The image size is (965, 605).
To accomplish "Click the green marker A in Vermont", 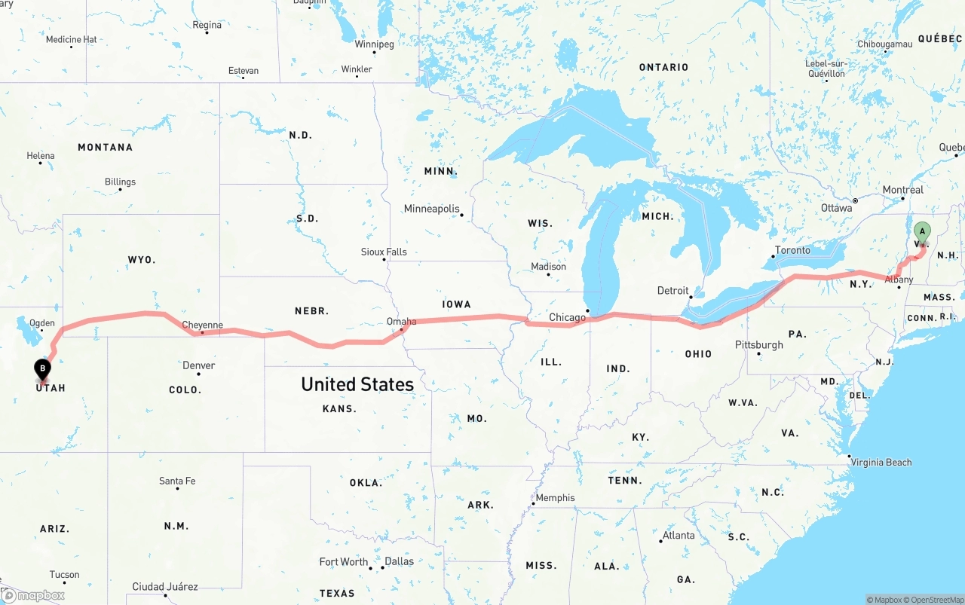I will [x=921, y=232].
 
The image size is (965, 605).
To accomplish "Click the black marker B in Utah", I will [x=43, y=369].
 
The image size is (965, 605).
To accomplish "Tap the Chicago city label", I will [x=567, y=317].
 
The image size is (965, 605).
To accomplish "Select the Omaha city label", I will [x=401, y=322].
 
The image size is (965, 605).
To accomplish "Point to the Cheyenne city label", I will [x=202, y=325].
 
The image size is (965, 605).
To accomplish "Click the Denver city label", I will [x=199, y=365].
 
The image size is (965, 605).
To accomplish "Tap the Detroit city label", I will [x=672, y=291].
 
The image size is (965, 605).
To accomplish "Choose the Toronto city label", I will [x=792, y=250].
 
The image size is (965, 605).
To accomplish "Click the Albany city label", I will [x=899, y=280].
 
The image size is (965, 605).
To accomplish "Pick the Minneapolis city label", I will [x=431, y=209].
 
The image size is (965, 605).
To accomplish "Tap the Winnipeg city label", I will [x=374, y=44].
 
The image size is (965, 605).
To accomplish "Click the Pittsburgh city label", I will [x=758, y=345].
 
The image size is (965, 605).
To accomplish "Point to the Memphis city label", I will [x=555, y=498].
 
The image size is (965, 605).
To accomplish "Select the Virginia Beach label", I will [x=881, y=463].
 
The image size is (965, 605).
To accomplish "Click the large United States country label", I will [x=357, y=384].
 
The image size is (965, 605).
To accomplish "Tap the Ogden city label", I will [x=41, y=323].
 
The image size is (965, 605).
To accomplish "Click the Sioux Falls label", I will [x=384, y=252].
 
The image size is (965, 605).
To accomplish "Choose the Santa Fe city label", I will [x=177, y=481].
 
